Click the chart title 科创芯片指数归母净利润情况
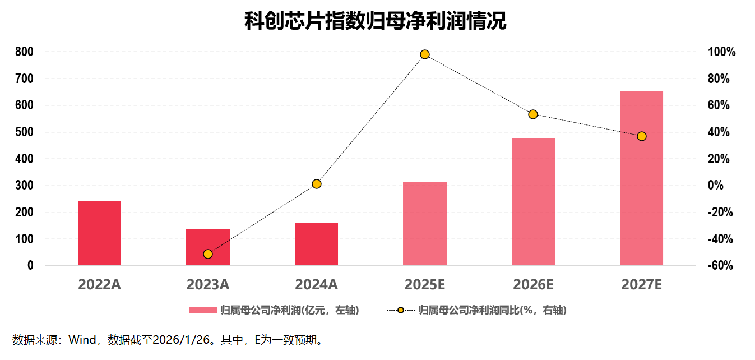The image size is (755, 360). (x=375, y=22)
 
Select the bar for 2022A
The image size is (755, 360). (x=99, y=233)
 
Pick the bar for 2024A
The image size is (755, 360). (x=316, y=244)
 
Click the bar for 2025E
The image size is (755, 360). (x=425, y=223)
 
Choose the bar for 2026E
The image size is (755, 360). (x=533, y=202)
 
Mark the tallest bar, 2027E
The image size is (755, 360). (x=641, y=178)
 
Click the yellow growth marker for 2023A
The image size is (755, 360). (x=208, y=254)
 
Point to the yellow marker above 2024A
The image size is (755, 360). (x=316, y=184)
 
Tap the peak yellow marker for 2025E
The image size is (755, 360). (x=425, y=54)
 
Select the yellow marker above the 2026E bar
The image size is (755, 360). (x=533, y=114)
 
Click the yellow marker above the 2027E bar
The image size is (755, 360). (x=642, y=136)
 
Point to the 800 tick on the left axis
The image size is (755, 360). (x=25, y=52)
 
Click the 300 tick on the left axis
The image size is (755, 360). (x=25, y=186)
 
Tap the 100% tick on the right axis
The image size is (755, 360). (x=721, y=52)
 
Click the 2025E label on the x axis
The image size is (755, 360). (x=425, y=285)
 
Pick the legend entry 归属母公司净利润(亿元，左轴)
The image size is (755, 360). (x=274, y=310)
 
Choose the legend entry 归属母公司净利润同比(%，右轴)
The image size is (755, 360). (x=476, y=310)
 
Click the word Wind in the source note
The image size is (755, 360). (x=83, y=340)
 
